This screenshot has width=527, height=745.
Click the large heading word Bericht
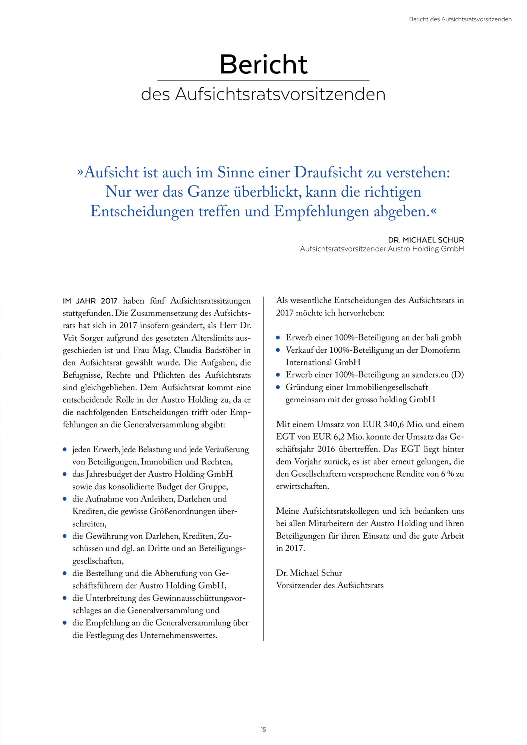point(263,64)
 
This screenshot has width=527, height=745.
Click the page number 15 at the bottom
point(263,729)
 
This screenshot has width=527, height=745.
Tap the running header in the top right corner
point(460,19)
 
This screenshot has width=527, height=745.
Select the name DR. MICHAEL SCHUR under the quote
point(426,240)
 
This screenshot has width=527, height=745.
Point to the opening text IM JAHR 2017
point(90,301)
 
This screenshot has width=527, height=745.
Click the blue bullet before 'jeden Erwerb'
point(65,450)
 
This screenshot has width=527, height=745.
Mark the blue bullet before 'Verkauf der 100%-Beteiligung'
point(278,350)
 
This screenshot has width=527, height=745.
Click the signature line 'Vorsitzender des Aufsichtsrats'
point(329,585)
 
